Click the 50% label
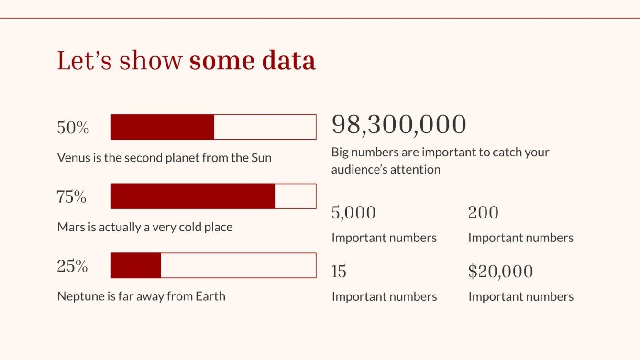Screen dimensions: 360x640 pos(73,128)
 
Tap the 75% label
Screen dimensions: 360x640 pos(71,196)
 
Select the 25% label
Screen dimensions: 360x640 pos(72,266)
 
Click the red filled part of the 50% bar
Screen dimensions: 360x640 pos(163,127)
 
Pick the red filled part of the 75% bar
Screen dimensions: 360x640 pos(193,196)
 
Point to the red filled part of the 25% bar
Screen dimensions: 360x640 pos(136,265)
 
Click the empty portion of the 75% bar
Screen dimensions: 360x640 pos(295,196)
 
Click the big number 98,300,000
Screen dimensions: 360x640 pos(398,124)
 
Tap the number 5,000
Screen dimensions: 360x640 pos(353,213)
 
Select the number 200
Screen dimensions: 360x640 pos(483,213)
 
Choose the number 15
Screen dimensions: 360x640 pos(339,272)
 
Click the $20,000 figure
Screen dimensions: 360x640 pos(500,272)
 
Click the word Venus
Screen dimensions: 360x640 pos(73,158)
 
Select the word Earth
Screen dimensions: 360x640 pos(210,296)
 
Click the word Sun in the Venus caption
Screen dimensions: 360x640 pos(261,158)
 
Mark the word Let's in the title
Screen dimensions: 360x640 pos(85,61)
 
